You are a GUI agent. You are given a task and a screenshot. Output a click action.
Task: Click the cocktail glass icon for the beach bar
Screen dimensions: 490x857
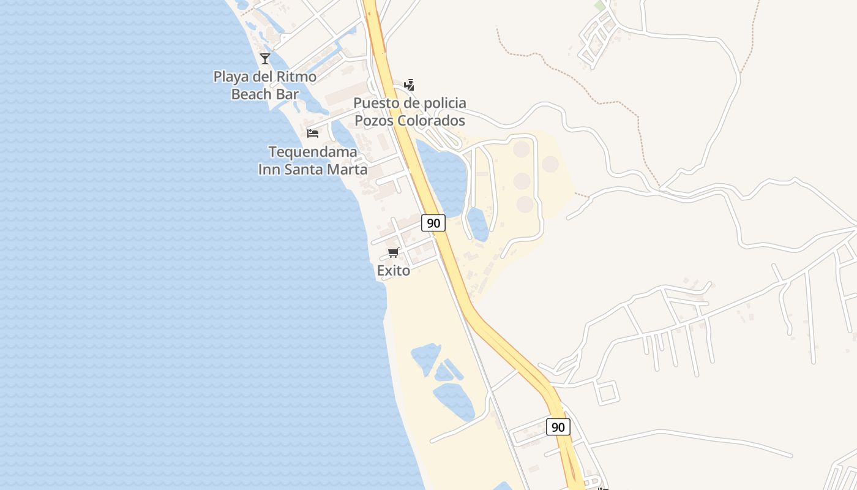pyautogui.click(x=264, y=59)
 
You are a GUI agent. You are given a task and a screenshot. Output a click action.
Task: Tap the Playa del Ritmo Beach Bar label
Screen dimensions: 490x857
pyautogui.click(x=264, y=85)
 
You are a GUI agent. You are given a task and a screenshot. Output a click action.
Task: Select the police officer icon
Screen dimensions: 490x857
pyautogui.click(x=410, y=85)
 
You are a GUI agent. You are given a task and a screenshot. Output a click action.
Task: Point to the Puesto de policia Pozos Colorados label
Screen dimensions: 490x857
pyautogui.click(x=410, y=111)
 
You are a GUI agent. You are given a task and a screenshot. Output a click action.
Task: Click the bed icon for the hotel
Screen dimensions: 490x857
pyautogui.click(x=313, y=133)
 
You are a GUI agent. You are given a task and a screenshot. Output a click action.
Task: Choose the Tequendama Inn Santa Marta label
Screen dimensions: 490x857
pyautogui.click(x=313, y=160)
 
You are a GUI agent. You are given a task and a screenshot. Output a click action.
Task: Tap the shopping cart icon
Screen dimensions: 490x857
pyautogui.click(x=394, y=253)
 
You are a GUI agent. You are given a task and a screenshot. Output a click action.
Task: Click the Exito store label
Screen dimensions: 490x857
pyautogui.click(x=394, y=270)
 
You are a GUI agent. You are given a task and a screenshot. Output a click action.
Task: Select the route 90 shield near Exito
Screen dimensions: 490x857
pyautogui.click(x=433, y=223)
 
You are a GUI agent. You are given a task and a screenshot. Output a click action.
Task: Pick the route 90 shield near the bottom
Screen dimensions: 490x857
pyautogui.click(x=558, y=427)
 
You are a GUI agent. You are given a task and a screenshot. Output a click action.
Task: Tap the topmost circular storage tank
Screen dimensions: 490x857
pyautogui.click(x=522, y=149)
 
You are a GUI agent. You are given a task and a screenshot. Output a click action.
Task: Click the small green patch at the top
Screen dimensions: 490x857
pyautogui.click(x=599, y=6)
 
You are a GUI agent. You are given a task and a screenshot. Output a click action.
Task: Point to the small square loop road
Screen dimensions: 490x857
pyautogui.click(x=607, y=392)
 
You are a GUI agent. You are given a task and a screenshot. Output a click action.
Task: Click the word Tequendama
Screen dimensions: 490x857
pyautogui.click(x=313, y=152)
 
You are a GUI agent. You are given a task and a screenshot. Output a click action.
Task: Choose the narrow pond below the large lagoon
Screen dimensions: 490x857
pyautogui.click(x=478, y=224)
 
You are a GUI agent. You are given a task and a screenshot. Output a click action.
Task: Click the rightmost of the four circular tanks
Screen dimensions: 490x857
pyautogui.click(x=550, y=164)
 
